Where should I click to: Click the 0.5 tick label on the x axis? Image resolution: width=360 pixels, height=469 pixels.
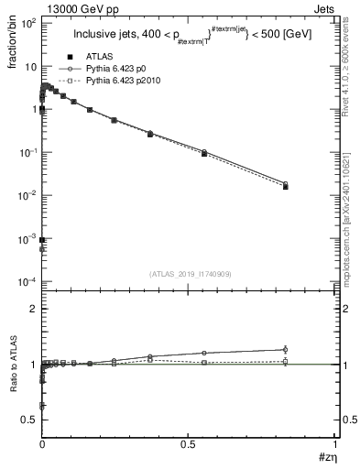pyautogui.click(x=188, y=443)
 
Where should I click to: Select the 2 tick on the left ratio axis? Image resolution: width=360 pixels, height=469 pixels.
pyautogui.click(x=34, y=310)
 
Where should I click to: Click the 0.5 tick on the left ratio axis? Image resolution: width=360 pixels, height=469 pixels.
pyautogui.click(x=30, y=419)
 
